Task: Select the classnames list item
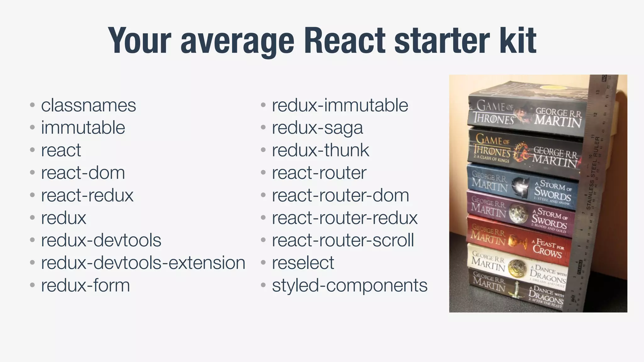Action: tap(88, 105)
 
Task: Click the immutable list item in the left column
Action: tap(83, 128)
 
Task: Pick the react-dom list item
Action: tap(83, 173)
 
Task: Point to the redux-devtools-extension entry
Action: tap(143, 263)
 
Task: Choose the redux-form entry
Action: tap(85, 285)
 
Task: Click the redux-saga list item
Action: tap(317, 128)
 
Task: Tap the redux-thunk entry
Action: tap(320, 150)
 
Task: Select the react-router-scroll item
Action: tap(343, 240)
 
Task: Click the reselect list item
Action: tap(303, 263)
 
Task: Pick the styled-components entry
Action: tap(350, 285)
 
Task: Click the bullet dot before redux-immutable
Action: tap(263, 105)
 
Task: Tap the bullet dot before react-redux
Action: tap(32, 195)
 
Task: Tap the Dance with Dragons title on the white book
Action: tap(548, 273)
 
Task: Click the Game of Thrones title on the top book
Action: tap(494, 113)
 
